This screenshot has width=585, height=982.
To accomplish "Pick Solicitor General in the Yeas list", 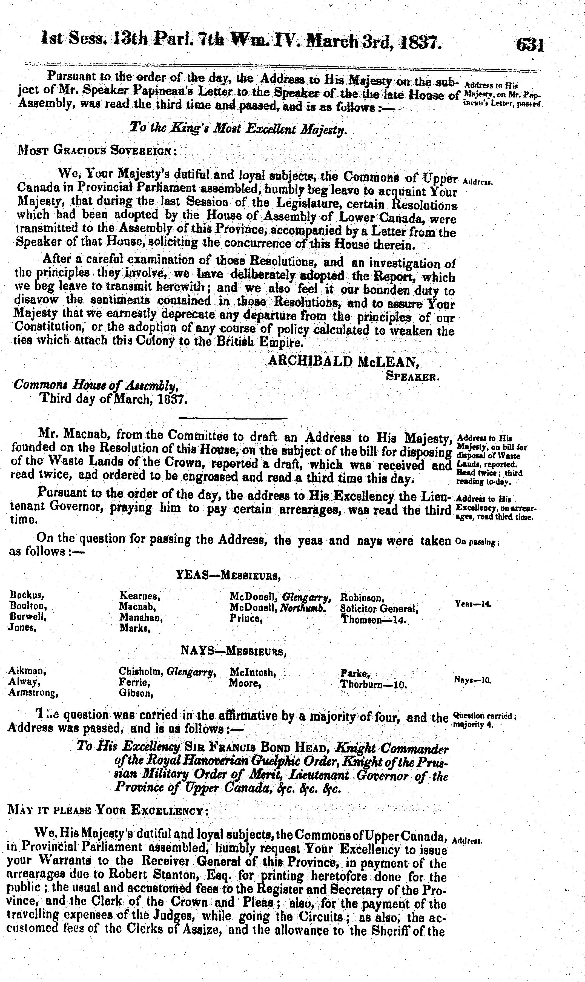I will (x=379, y=608).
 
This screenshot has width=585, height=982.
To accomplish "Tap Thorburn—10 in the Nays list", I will (x=373, y=684).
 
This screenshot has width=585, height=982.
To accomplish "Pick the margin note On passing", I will (x=477, y=542).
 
